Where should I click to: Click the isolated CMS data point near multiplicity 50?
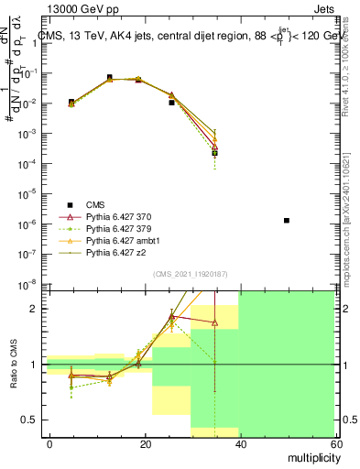click(287, 221)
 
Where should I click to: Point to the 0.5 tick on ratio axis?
click(32, 420)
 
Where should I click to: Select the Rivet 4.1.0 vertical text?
click(351, 55)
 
